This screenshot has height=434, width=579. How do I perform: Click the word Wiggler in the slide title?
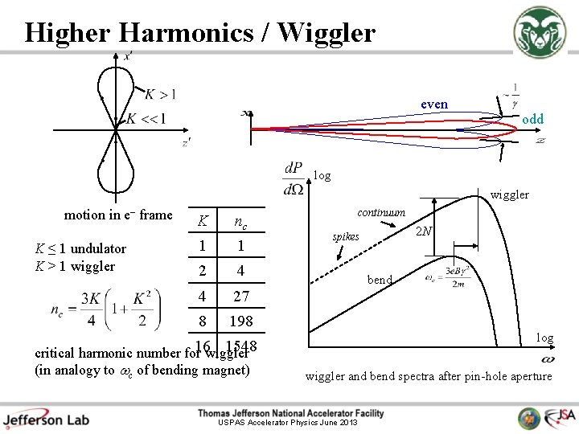pyautogui.click(x=328, y=32)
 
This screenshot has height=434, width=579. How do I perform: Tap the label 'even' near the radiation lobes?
pyautogui.click(x=434, y=104)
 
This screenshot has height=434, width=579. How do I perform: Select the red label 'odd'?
pyautogui.click(x=532, y=119)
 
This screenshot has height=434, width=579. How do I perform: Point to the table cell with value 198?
pyautogui.click(x=240, y=321)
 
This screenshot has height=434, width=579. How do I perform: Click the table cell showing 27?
pyautogui.click(x=240, y=296)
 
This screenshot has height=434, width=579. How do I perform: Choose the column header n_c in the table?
pyautogui.click(x=239, y=221)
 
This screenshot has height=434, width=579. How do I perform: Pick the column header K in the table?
pyautogui.click(x=203, y=221)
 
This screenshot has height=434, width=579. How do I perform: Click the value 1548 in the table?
pyautogui.click(x=241, y=346)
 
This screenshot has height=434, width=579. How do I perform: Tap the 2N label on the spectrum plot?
pyautogui.click(x=424, y=231)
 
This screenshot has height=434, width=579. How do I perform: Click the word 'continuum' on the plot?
pyautogui.click(x=381, y=212)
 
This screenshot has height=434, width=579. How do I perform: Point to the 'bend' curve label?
pyautogui.click(x=380, y=280)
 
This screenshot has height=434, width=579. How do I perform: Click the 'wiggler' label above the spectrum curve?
pyautogui.click(x=510, y=194)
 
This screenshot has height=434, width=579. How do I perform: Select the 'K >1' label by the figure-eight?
pyautogui.click(x=160, y=95)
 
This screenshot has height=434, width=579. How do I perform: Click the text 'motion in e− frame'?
pyautogui.click(x=118, y=215)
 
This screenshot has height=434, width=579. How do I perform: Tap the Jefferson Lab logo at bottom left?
pyautogui.click(x=46, y=418)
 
